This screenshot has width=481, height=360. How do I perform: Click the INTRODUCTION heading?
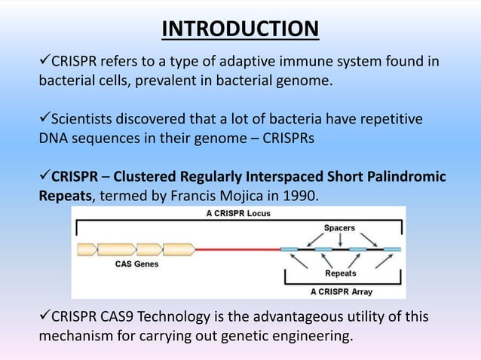[240, 29]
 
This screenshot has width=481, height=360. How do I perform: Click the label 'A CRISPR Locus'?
[238, 213]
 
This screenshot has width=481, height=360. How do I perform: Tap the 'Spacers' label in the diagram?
[339, 227]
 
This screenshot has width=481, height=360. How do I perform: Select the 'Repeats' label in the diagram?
[340, 273]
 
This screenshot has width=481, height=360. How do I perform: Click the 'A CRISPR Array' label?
[342, 291]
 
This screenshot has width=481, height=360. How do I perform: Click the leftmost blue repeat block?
[288, 248]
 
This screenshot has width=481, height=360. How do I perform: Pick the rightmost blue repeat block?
[391, 248]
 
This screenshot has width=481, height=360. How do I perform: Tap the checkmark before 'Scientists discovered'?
[44, 120]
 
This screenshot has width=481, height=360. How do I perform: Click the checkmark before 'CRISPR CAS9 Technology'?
[44, 316]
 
